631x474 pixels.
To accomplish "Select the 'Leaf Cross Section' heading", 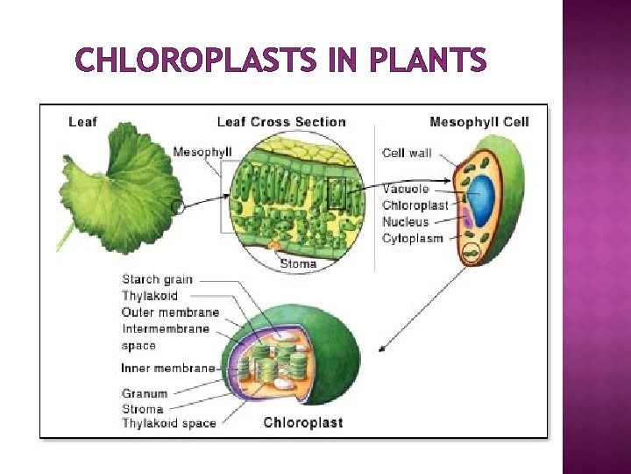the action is click(281, 122).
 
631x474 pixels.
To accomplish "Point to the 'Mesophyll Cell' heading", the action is click(479, 122).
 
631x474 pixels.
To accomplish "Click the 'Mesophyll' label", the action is click(202, 152).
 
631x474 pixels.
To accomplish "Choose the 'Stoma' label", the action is click(298, 263).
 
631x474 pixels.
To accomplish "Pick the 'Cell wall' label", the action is click(407, 154).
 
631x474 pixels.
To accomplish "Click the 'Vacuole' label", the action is click(406, 189).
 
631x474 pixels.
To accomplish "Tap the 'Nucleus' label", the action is click(406, 222).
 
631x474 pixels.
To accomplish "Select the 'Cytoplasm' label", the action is click(412, 239).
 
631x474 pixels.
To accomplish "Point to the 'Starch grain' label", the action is click(157, 280).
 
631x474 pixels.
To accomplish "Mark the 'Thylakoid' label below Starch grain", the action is click(150, 296).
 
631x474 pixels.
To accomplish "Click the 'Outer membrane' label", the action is click(170, 312).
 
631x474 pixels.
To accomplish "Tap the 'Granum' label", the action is click(145, 393).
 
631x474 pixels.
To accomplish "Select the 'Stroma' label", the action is click(143, 408).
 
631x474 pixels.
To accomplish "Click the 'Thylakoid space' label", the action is click(169, 423).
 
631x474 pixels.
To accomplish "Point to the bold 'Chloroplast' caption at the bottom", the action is click(303, 423).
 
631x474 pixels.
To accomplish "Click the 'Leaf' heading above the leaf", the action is click(82, 122).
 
